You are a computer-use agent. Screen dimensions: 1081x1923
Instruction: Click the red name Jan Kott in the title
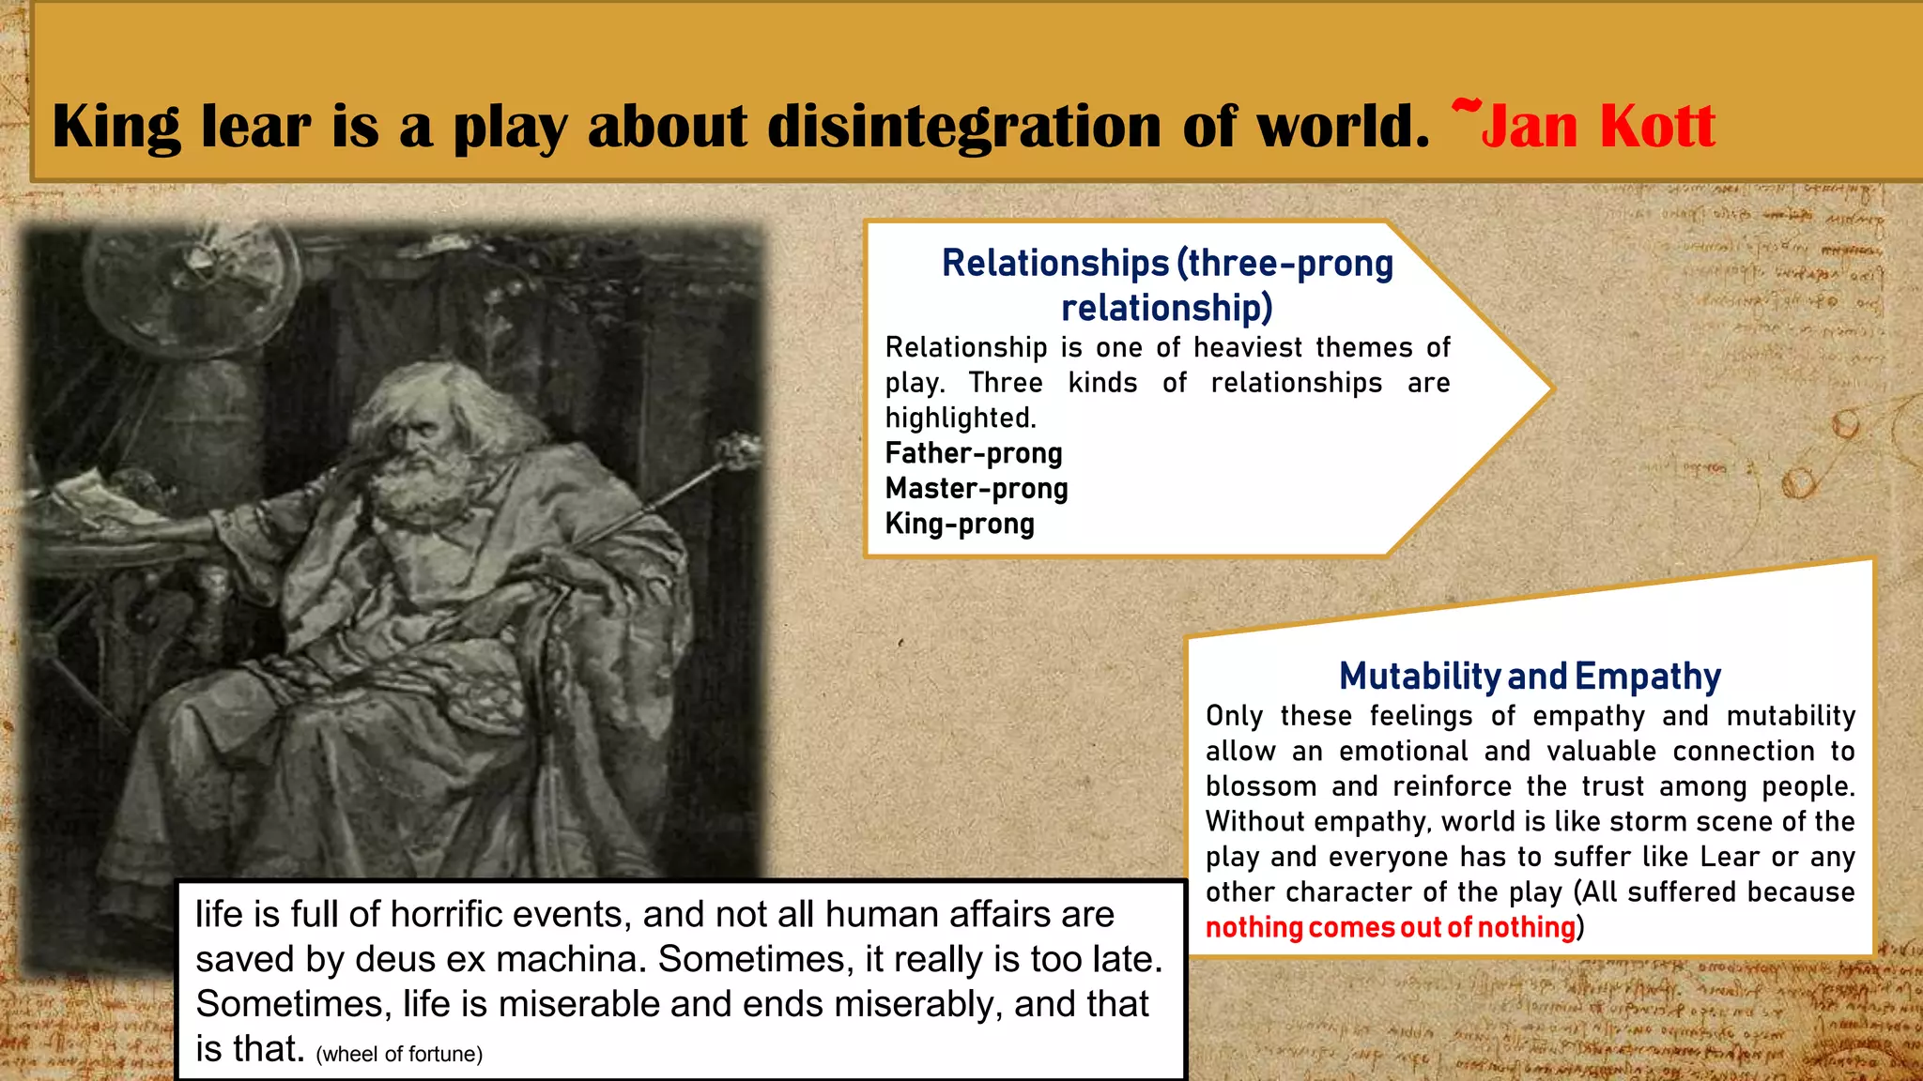point(1596,127)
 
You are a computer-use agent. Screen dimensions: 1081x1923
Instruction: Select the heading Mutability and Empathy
point(1530,676)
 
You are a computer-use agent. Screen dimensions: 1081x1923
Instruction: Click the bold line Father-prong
point(974,453)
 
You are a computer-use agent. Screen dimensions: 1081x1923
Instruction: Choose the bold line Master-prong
point(977,489)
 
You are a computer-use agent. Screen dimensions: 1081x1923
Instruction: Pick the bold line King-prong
point(960,524)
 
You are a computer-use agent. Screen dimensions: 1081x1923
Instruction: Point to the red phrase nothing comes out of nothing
point(1390,927)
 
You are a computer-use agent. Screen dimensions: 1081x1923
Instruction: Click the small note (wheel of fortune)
point(399,1055)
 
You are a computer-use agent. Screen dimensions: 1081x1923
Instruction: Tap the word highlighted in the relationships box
point(960,418)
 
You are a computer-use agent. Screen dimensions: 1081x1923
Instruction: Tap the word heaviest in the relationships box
point(1248,348)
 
